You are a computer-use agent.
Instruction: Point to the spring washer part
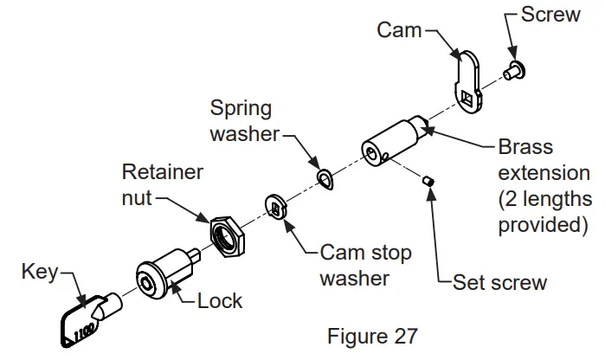325,177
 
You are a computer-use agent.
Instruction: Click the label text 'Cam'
399,30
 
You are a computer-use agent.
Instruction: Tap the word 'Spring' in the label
241,109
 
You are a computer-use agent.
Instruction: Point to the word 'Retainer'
163,172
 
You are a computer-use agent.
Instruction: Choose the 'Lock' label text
220,301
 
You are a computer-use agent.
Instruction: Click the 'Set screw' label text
499,282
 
